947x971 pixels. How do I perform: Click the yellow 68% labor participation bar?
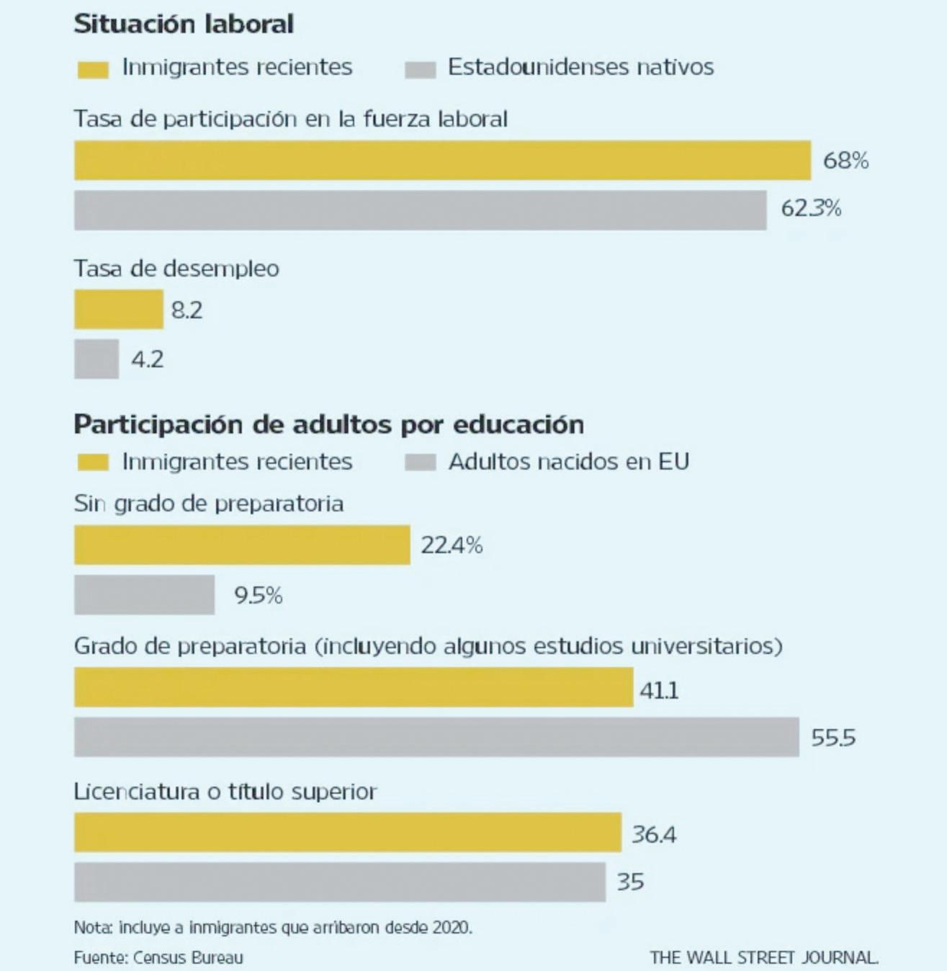tap(442, 160)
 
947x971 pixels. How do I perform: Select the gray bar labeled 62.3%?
tap(420, 210)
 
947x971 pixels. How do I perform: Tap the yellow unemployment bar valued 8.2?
tap(119, 309)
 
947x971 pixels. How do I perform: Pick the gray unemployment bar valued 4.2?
tap(97, 358)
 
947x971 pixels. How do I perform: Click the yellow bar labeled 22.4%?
tap(242, 545)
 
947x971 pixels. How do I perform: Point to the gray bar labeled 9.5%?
tap(144, 594)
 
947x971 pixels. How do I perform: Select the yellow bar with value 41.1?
tap(354, 687)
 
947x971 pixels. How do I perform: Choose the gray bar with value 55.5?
tap(436, 736)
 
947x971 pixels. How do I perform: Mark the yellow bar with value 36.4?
tap(347, 833)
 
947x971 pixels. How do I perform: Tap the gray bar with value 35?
tap(339, 882)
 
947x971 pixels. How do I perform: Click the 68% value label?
tap(845, 160)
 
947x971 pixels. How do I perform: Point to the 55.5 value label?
tap(833, 738)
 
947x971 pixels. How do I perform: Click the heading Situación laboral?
tap(184, 24)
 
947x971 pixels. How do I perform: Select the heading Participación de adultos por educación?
tap(328, 424)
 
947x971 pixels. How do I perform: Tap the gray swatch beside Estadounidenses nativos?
tap(420, 69)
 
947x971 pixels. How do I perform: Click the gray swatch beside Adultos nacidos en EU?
tap(420, 462)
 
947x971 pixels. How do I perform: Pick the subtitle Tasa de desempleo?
tap(176, 269)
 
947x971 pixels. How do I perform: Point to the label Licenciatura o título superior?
tap(225, 792)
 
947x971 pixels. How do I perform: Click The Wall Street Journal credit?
tap(763, 957)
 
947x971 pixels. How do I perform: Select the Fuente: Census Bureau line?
tap(158, 957)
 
